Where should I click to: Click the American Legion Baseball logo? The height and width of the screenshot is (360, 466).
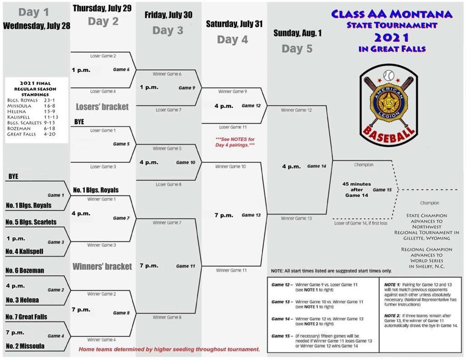click(x=389, y=106)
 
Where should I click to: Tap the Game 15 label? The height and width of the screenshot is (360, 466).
click(x=382, y=190)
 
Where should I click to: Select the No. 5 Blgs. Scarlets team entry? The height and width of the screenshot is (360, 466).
click(x=31, y=222)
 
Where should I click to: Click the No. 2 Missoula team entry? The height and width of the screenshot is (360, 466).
click(x=25, y=346)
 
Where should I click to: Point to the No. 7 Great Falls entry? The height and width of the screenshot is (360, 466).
click(x=26, y=317)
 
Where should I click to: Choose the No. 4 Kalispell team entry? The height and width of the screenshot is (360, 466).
click(x=24, y=251)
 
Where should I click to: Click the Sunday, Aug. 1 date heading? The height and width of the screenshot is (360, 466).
click(x=297, y=33)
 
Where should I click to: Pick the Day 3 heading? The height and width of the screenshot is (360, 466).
click(x=168, y=30)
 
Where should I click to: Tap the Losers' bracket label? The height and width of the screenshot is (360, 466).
click(x=102, y=107)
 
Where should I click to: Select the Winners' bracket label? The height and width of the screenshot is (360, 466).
click(x=102, y=266)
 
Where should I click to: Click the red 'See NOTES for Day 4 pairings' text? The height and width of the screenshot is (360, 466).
click(x=235, y=142)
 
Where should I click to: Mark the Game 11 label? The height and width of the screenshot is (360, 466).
click(x=185, y=266)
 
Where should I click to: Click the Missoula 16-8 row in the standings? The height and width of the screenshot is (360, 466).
click(x=31, y=106)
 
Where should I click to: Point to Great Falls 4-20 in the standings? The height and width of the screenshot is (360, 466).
click(x=31, y=134)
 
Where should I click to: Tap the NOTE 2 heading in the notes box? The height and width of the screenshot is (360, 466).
click(x=392, y=316)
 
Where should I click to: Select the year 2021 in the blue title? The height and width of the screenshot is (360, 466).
click(x=392, y=38)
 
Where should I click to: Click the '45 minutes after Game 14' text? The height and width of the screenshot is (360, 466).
click(x=357, y=190)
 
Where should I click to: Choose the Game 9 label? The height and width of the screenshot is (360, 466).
click(x=187, y=88)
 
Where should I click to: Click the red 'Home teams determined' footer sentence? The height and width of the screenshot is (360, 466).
click(x=169, y=349)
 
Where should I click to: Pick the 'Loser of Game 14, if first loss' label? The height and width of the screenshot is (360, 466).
click(x=361, y=223)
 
